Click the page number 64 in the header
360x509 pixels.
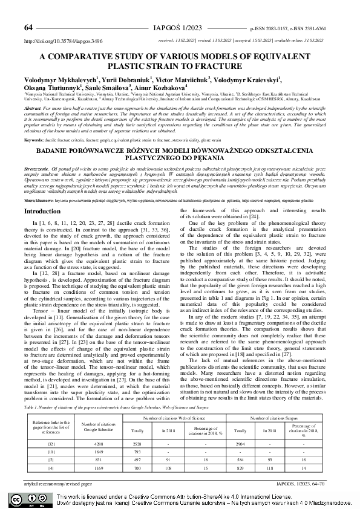click(28, 28)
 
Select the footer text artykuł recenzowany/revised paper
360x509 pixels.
click(57, 484)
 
